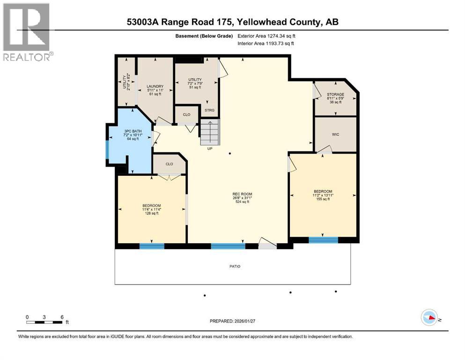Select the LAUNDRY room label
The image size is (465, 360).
155,86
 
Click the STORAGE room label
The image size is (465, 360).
335,94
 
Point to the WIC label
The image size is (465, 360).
335,135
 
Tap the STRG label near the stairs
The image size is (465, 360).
209,111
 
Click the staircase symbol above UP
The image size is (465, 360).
210,133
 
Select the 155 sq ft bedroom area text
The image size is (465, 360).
323,199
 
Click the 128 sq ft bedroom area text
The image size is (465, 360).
152,213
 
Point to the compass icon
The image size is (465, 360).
428,317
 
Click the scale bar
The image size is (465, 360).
44,322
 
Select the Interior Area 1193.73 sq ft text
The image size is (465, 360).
266,44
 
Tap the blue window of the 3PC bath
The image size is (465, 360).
107,150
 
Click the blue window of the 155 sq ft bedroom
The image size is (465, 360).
323,240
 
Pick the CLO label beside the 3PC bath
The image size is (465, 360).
169,164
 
